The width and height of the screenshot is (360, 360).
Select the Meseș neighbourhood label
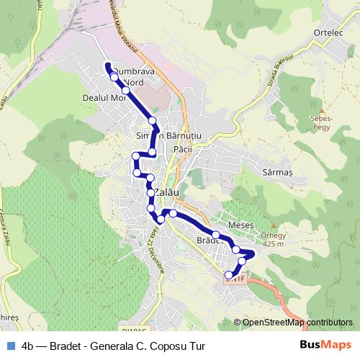(x=241, y=225)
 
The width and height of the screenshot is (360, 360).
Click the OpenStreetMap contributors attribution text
(x=297, y=323)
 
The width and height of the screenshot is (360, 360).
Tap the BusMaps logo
(x=324, y=346)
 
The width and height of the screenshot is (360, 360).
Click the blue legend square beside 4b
(x=9, y=346)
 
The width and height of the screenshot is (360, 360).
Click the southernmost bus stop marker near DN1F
(x=230, y=275)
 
